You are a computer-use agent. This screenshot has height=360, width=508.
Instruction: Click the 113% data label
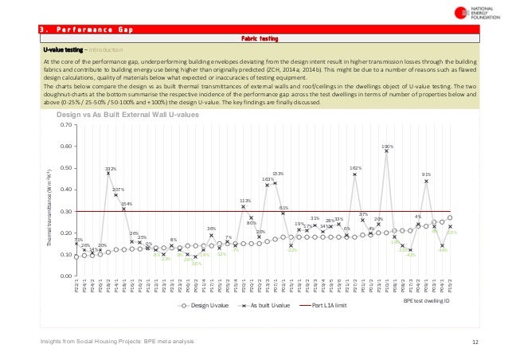click(245, 201)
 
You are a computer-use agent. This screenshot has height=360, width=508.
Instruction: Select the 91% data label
click(427, 174)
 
